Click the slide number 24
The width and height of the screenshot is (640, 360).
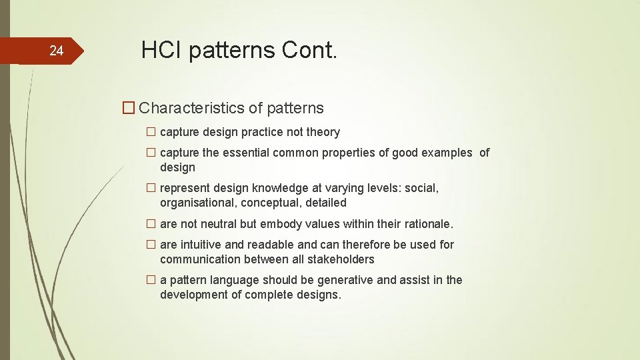pyautogui.click(x=57, y=51)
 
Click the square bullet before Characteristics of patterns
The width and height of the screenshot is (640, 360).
pyautogui.click(x=129, y=108)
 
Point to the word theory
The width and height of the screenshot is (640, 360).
pyautogui.click(x=323, y=132)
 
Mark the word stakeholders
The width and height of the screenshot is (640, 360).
pyautogui.click(x=341, y=259)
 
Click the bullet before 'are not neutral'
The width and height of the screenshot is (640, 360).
pyautogui.click(x=151, y=224)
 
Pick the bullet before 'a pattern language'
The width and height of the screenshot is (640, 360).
pyautogui.click(x=151, y=280)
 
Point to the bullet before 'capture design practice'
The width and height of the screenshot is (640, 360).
pyautogui.click(x=151, y=132)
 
